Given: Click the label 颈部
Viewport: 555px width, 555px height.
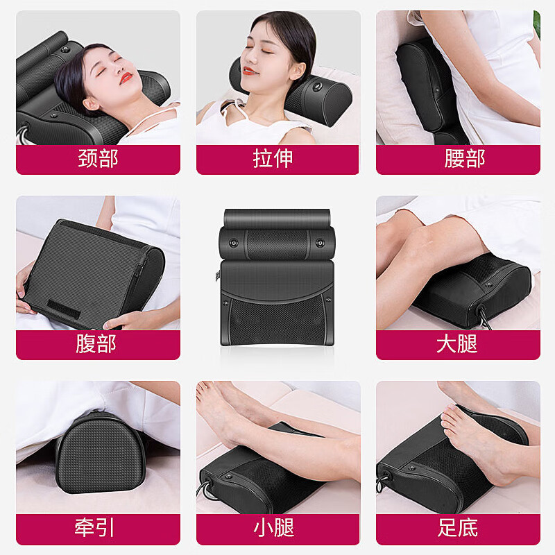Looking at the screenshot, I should [98, 159].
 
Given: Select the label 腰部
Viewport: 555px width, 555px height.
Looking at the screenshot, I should [458, 159].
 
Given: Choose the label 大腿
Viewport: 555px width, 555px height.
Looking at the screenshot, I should [457, 344].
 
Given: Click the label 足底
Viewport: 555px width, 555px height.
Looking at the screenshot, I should [457, 529].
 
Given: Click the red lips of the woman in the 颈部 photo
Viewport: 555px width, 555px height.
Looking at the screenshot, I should [125, 78].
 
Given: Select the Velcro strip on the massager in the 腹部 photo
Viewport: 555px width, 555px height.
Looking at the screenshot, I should [69, 305].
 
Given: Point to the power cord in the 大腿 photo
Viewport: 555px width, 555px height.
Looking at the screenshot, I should [481, 316].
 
